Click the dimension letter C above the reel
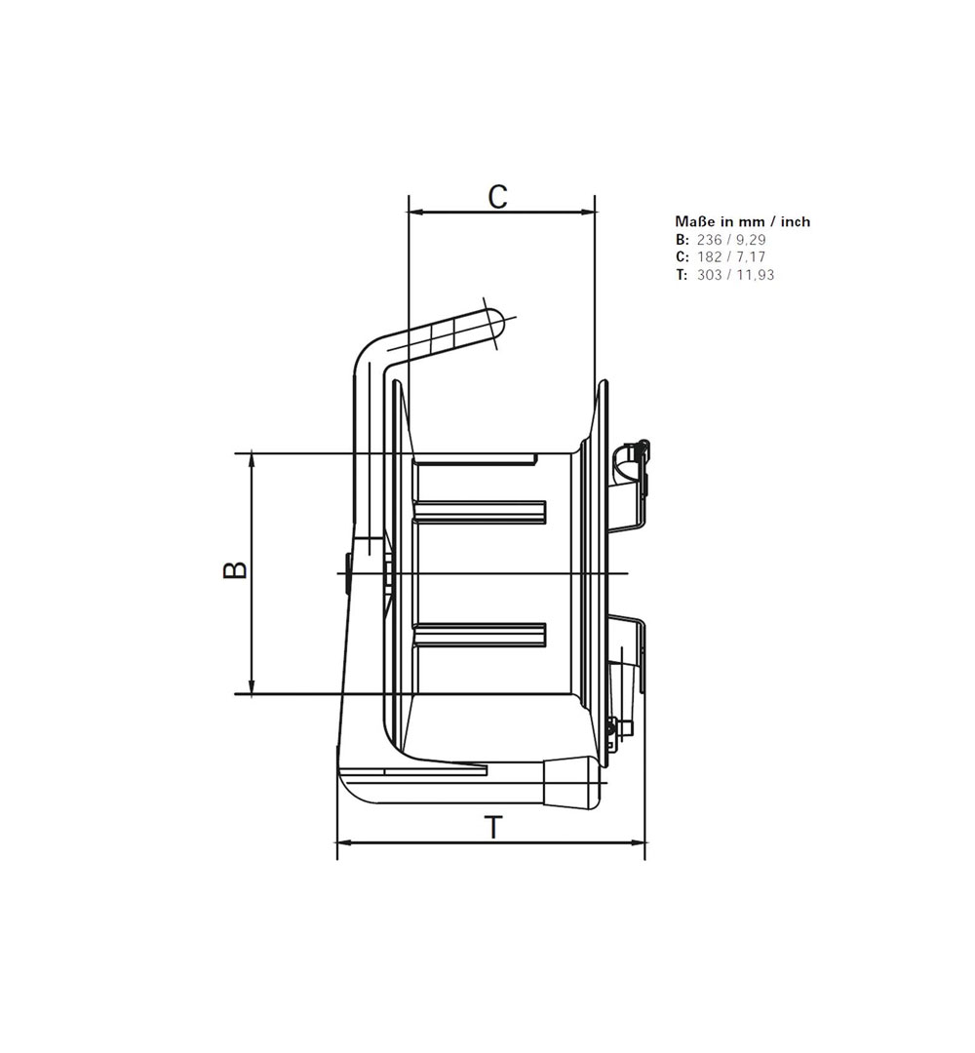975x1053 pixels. coord(497,197)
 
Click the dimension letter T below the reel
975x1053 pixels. coord(493,828)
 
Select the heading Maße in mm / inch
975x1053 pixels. coord(743,221)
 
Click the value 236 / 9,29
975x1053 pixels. coord(731,239)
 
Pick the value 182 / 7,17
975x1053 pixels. coord(731,256)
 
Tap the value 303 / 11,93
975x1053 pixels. coord(735,274)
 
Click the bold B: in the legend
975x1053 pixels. coord(682,239)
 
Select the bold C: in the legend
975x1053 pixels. coord(682,256)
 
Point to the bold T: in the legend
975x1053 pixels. coord(682,274)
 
